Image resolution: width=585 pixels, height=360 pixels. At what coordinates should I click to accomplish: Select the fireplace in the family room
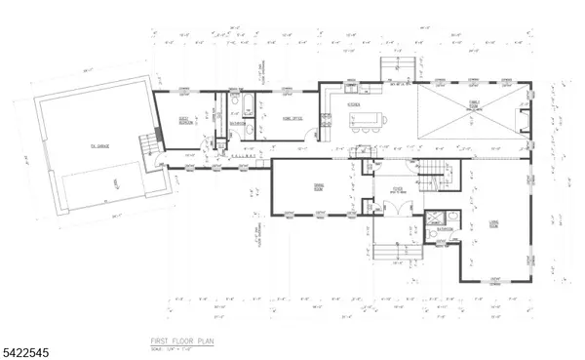(x=525, y=120)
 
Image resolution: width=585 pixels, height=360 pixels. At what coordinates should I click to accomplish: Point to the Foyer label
(x=398, y=188)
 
